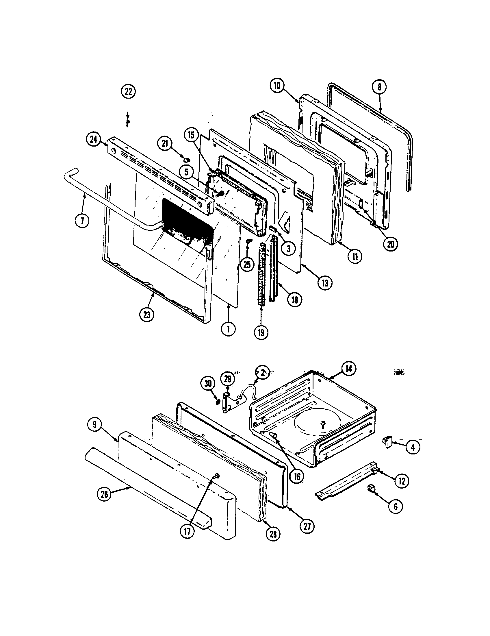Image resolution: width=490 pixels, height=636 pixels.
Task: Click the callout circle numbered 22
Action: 128,92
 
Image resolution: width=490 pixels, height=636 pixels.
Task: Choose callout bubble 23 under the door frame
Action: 147,315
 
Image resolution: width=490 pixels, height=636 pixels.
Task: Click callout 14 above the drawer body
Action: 349,369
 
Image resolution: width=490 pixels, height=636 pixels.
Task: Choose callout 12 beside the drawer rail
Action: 401,481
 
